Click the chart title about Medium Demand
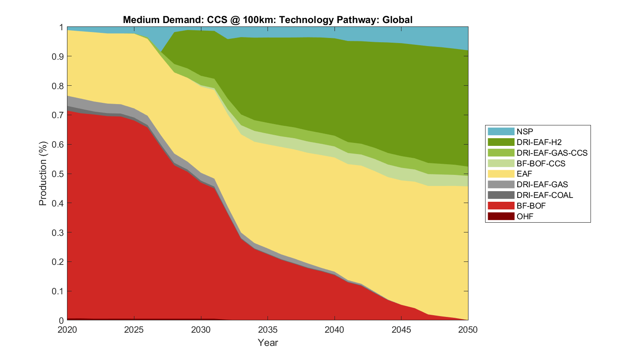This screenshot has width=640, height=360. click(268, 20)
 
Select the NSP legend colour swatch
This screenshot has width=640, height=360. click(501, 131)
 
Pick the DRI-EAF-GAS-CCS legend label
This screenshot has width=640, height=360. click(552, 153)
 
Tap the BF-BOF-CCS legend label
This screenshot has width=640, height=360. click(541, 163)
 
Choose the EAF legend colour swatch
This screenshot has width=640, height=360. click(501, 174)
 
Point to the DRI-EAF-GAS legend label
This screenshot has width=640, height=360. click(542, 184)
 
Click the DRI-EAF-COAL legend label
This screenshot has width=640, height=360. click(544, 195)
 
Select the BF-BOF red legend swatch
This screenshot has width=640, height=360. click(501, 206)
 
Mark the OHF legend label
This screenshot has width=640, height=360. click(525, 216)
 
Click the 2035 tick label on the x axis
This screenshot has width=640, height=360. click(268, 330)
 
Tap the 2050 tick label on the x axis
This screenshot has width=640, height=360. click(468, 330)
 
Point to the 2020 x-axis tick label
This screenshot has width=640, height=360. click(67, 330)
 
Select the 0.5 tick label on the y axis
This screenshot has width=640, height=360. click(58, 174)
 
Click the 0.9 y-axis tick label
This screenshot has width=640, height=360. click(58, 56)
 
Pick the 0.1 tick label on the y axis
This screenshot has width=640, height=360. click(58, 291)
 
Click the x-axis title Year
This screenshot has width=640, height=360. click(268, 343)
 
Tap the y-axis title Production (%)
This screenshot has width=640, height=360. click(43, 174)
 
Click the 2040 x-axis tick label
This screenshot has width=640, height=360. click(335, 330)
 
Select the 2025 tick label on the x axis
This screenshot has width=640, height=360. click(134, 330)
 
